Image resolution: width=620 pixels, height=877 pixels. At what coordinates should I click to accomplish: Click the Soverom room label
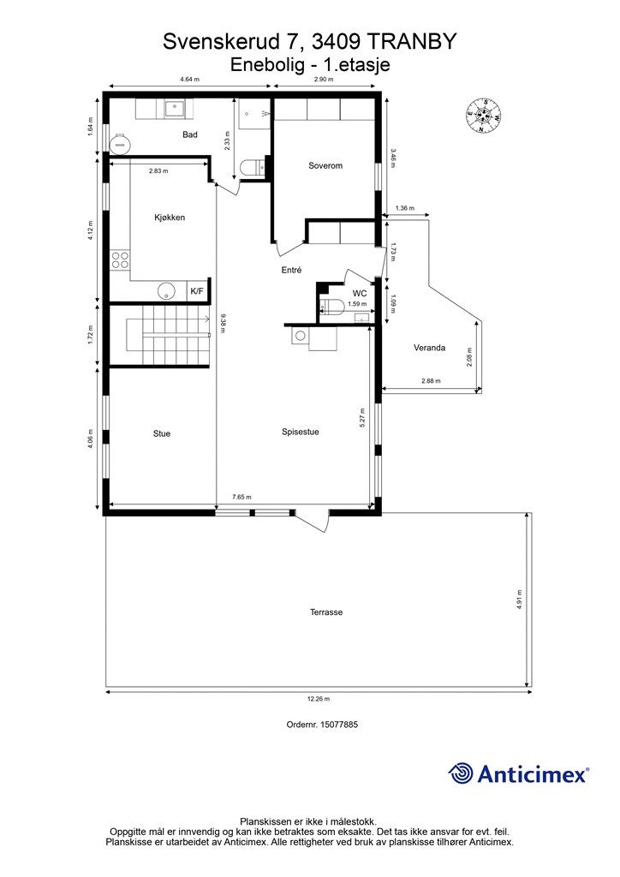pos(325,165)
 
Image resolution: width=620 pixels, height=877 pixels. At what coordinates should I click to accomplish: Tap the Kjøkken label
pos(170,218)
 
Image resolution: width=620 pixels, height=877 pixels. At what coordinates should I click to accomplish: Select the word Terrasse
pos(326,612)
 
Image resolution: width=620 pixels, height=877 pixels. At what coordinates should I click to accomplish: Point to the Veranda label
pos(429,348)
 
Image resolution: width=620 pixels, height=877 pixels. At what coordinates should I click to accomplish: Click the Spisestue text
pos(301,432)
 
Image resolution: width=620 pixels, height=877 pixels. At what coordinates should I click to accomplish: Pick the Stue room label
pos(162,433)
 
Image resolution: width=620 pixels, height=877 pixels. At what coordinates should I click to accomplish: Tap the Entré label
pos(291,270)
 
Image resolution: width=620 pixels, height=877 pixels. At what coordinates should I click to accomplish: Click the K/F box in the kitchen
pos(197,291)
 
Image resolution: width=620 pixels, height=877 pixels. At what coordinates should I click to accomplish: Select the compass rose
pos(483,116)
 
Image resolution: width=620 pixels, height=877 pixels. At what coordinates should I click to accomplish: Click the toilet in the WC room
pos(332,306)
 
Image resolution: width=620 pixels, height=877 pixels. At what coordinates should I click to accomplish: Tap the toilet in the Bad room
pos(251,168)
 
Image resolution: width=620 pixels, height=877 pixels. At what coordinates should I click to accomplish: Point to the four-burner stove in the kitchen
pos(120,260)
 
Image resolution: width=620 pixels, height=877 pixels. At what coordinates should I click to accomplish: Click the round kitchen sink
pos(167,291)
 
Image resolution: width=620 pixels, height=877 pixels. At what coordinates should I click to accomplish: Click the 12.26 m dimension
pos(319,699)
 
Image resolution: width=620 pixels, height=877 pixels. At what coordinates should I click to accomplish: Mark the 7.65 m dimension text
pos(241,497)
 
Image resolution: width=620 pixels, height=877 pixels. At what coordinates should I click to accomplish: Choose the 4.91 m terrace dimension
pos(519,599)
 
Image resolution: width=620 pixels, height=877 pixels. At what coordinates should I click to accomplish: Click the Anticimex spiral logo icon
pos(460,773)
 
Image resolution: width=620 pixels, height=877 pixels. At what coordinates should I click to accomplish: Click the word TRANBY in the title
pos(412,41)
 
